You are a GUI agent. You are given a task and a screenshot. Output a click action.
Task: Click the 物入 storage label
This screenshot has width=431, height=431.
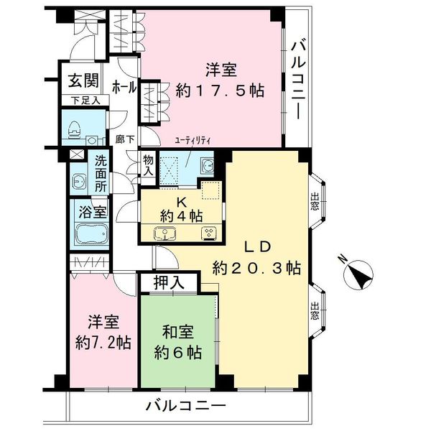(148, 167)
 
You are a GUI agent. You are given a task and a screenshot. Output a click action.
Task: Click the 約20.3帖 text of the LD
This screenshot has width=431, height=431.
(256, 267)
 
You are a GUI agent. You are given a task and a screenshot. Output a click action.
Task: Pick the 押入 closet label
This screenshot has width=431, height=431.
(170, 282)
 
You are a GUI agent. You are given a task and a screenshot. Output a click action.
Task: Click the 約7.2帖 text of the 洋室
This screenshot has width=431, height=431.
(103, 342)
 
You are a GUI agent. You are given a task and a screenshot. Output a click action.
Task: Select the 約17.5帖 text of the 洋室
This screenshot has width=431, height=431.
(221, 91)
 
